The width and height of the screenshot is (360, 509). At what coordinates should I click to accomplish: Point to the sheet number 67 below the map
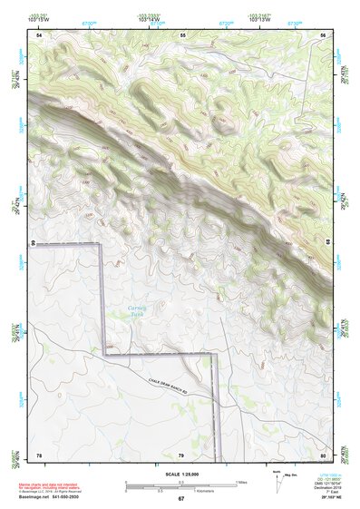[x=180, y=499]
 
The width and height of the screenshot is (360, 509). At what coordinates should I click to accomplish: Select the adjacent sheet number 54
[x=39, y=34]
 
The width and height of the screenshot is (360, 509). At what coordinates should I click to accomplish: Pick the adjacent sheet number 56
[x=323, y=34]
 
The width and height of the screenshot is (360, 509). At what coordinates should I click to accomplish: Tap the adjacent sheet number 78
[x=39, y=454]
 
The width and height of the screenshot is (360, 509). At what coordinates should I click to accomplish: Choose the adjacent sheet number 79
[x=180, y=454]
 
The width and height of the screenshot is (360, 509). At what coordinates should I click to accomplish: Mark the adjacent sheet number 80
[x=323, y=454]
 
